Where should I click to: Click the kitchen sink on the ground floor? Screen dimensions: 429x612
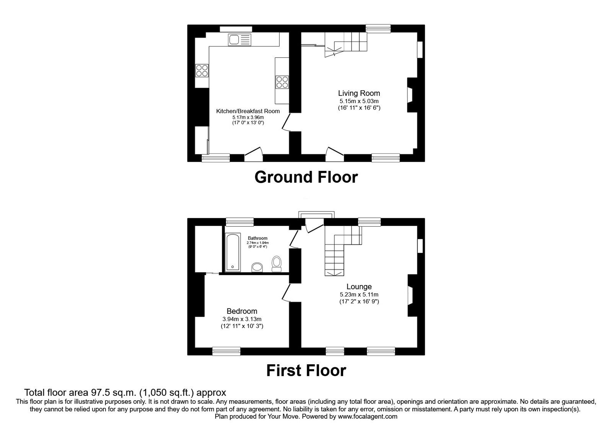click(x=240, y=39)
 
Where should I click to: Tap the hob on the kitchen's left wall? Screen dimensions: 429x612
click(x=202, y=70)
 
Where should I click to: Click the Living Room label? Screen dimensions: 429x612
click(x=359, y=93)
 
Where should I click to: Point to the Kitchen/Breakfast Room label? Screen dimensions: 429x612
click(x=248, y=111)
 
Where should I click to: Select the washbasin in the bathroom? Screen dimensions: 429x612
click(x=257, y=267)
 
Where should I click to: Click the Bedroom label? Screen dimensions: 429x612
click(x=242, y=311)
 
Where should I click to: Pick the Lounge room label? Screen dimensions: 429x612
click(x=359, y=287)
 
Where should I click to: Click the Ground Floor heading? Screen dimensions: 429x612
click(x=306, y=177)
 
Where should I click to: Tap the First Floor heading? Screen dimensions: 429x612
click(x=306, y=370)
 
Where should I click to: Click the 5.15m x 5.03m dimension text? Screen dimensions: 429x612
click(x=359, y=101)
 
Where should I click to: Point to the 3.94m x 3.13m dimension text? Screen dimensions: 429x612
click(x=242, y=319)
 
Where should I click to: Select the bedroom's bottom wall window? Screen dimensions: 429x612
click(x=226, y=351)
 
